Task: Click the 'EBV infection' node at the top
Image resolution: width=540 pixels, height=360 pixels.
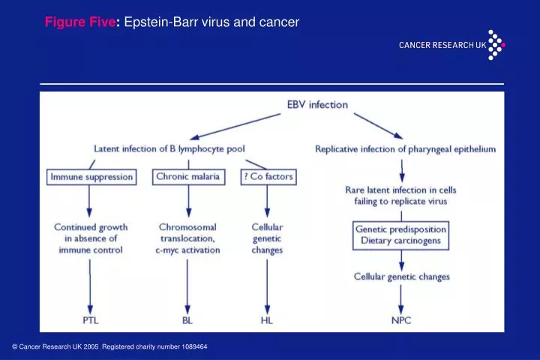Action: pyautogui.click(x=317, y=105)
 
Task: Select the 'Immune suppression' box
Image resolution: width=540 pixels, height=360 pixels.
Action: pyautogui.click(x=91, y=177)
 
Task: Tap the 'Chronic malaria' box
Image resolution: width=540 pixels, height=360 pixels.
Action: pyautogui.click(x=187, y=177)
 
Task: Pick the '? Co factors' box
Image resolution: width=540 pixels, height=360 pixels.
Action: pyautogui.click(x=267, y=177)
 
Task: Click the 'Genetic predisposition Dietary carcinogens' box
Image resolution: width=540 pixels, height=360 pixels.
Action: pyautogui.click(x=401, y=235)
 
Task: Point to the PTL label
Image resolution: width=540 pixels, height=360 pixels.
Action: pyautogui.click(x=90, y=320)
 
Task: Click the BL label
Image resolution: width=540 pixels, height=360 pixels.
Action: pyautogui.click(x=187, y=320)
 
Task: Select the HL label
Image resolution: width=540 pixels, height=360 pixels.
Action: pyautogui.click(x=266, y=320)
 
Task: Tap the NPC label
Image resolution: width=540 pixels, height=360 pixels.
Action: pyautogui.click(x=401, y=320)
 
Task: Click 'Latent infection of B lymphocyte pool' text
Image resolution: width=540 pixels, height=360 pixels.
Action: pyautogui.click(x=169, y=149)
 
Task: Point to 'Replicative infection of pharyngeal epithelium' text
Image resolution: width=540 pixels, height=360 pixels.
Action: pyautogui.click(x=405, y=149)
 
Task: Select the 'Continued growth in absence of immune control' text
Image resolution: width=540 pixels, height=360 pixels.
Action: pyautogui.click(x=90, y=238)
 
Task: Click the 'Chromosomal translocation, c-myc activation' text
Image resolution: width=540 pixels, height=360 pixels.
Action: pyautogui.click(x=189, y=238)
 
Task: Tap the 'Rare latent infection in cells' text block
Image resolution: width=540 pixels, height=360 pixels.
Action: pyautogui.click(x=401, y=196)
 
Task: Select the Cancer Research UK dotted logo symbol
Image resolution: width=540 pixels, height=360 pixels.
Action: pyautogui.click(x=496, y=44)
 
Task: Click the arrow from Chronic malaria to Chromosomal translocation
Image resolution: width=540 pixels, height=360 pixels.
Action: pyautogui.click(x=188, y=201)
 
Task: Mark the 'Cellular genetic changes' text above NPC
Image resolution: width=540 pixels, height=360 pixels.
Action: pyautogui.click(x=401, y=277)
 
